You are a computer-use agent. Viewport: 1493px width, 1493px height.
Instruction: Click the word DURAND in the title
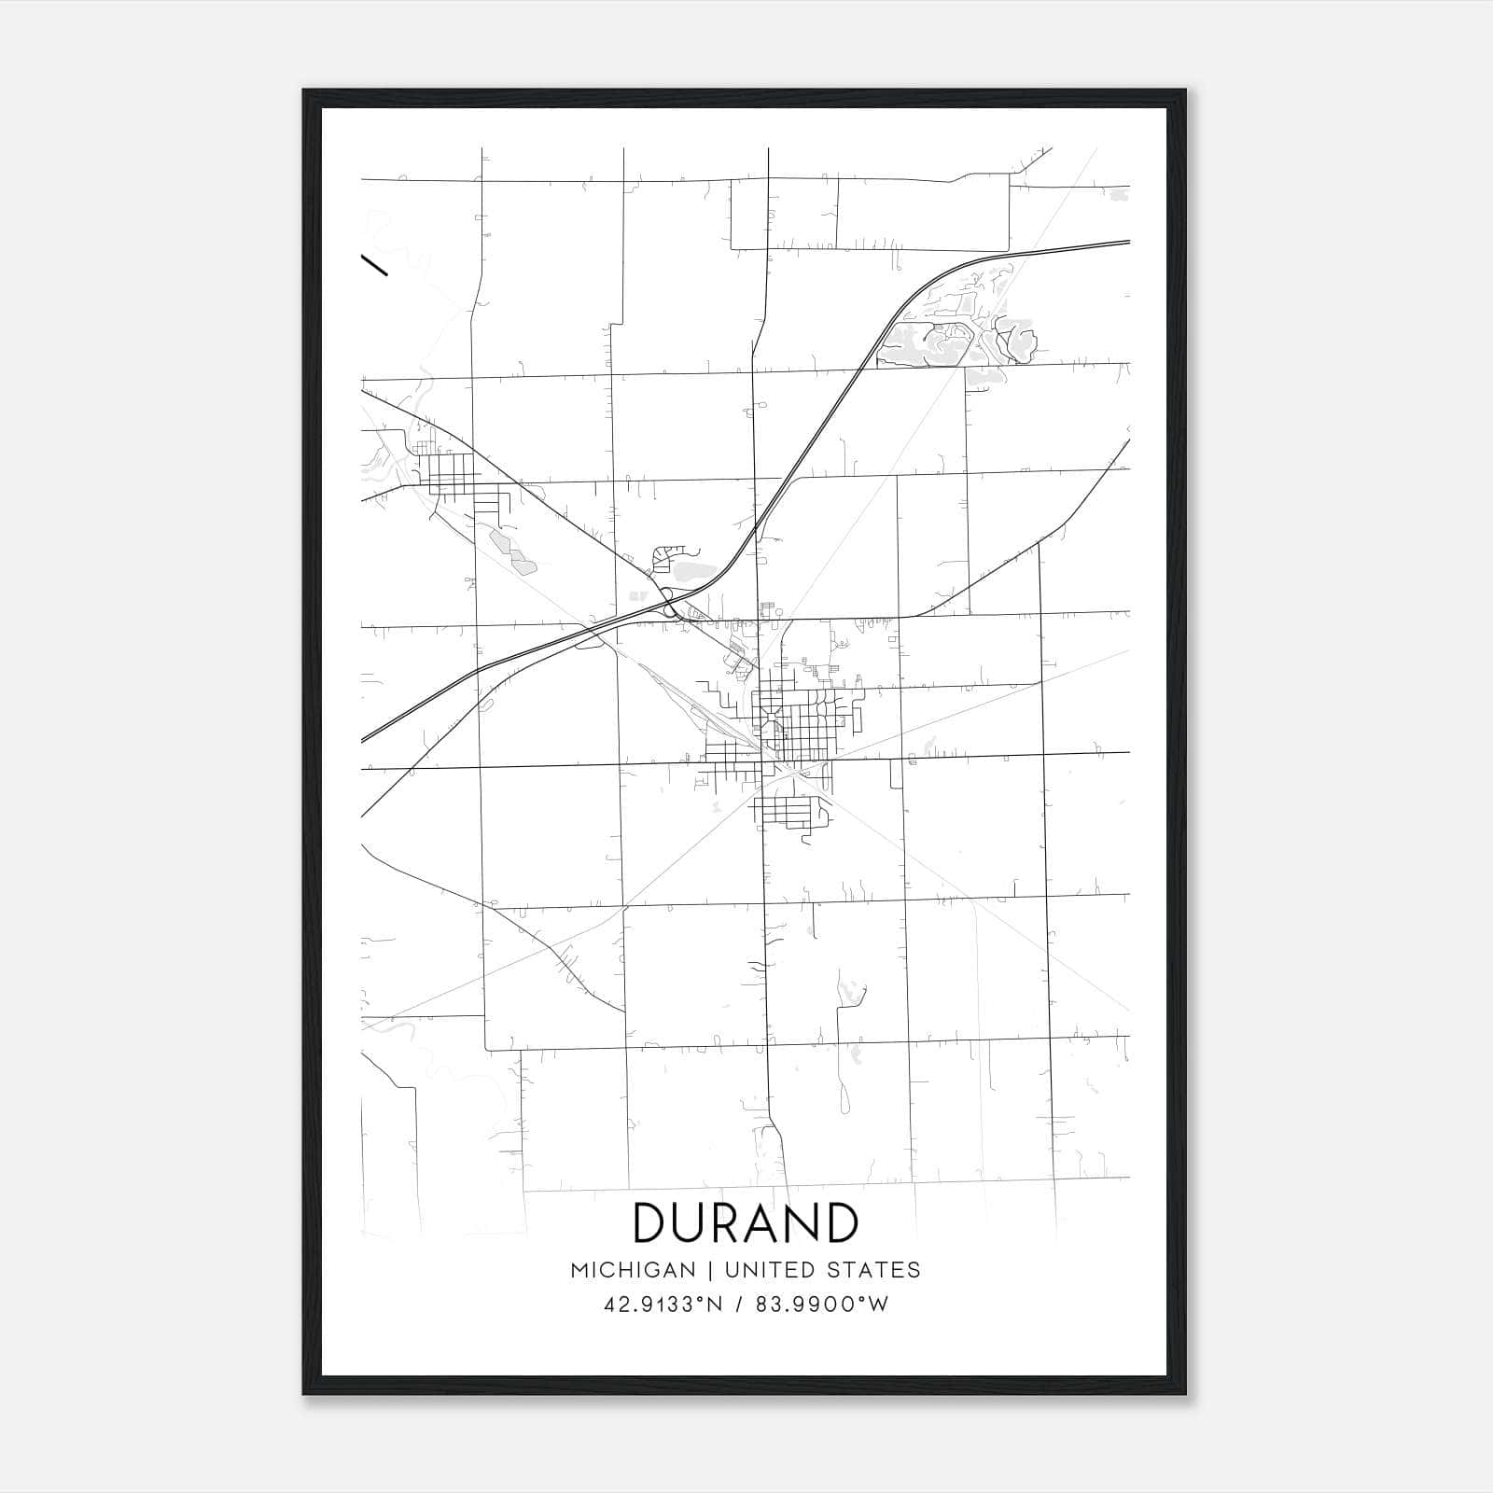(746, 1222)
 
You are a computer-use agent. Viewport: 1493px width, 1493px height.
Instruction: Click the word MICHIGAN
(633, 1270)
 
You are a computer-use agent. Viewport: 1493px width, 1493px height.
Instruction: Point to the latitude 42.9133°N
(662, 1305)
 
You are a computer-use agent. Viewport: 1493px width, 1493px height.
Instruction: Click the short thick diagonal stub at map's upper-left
(374, 265)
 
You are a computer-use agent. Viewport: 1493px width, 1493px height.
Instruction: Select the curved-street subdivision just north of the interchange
(668, 557)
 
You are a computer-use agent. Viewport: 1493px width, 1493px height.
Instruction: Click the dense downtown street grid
(793, 723)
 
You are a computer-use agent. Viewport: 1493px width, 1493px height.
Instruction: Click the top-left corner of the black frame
(304, 91)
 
